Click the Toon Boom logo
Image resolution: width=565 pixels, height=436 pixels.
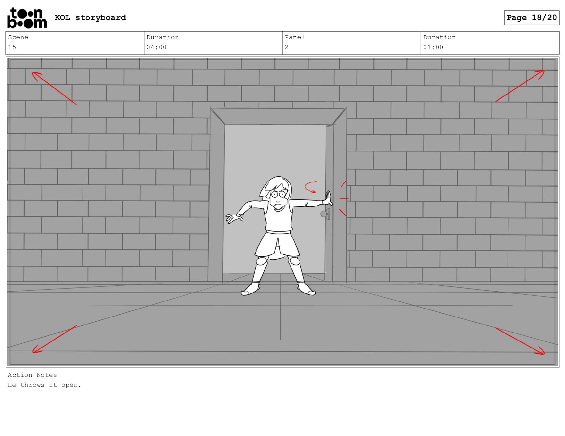coord(27,18)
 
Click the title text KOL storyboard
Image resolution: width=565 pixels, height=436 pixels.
coord(90,18)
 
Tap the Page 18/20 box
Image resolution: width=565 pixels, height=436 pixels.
coord(531,18)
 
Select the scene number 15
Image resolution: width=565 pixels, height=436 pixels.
coord(12,47)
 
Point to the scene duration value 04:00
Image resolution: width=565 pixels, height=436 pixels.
coord(156,47)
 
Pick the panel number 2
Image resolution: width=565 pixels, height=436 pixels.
coord(286,47)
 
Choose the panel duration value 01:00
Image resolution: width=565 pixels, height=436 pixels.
coord(433,47)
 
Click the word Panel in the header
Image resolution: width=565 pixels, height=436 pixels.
coord(295,37)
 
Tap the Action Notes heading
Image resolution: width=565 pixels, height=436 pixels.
coord(32,375)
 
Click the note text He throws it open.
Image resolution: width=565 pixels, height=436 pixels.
coord(45,385)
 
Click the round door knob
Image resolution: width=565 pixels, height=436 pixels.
coord(324,214)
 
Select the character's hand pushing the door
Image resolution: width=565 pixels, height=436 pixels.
coord(328,199)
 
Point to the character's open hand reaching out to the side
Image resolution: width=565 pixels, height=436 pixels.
coord(234,218)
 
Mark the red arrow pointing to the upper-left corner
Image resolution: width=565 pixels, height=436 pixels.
coord(54,88)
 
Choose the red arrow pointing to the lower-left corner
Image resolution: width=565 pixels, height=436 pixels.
coord(54,339)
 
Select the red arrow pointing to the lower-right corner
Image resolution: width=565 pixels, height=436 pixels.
coord(520,341)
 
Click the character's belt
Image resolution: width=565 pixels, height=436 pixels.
coord(278,232)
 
